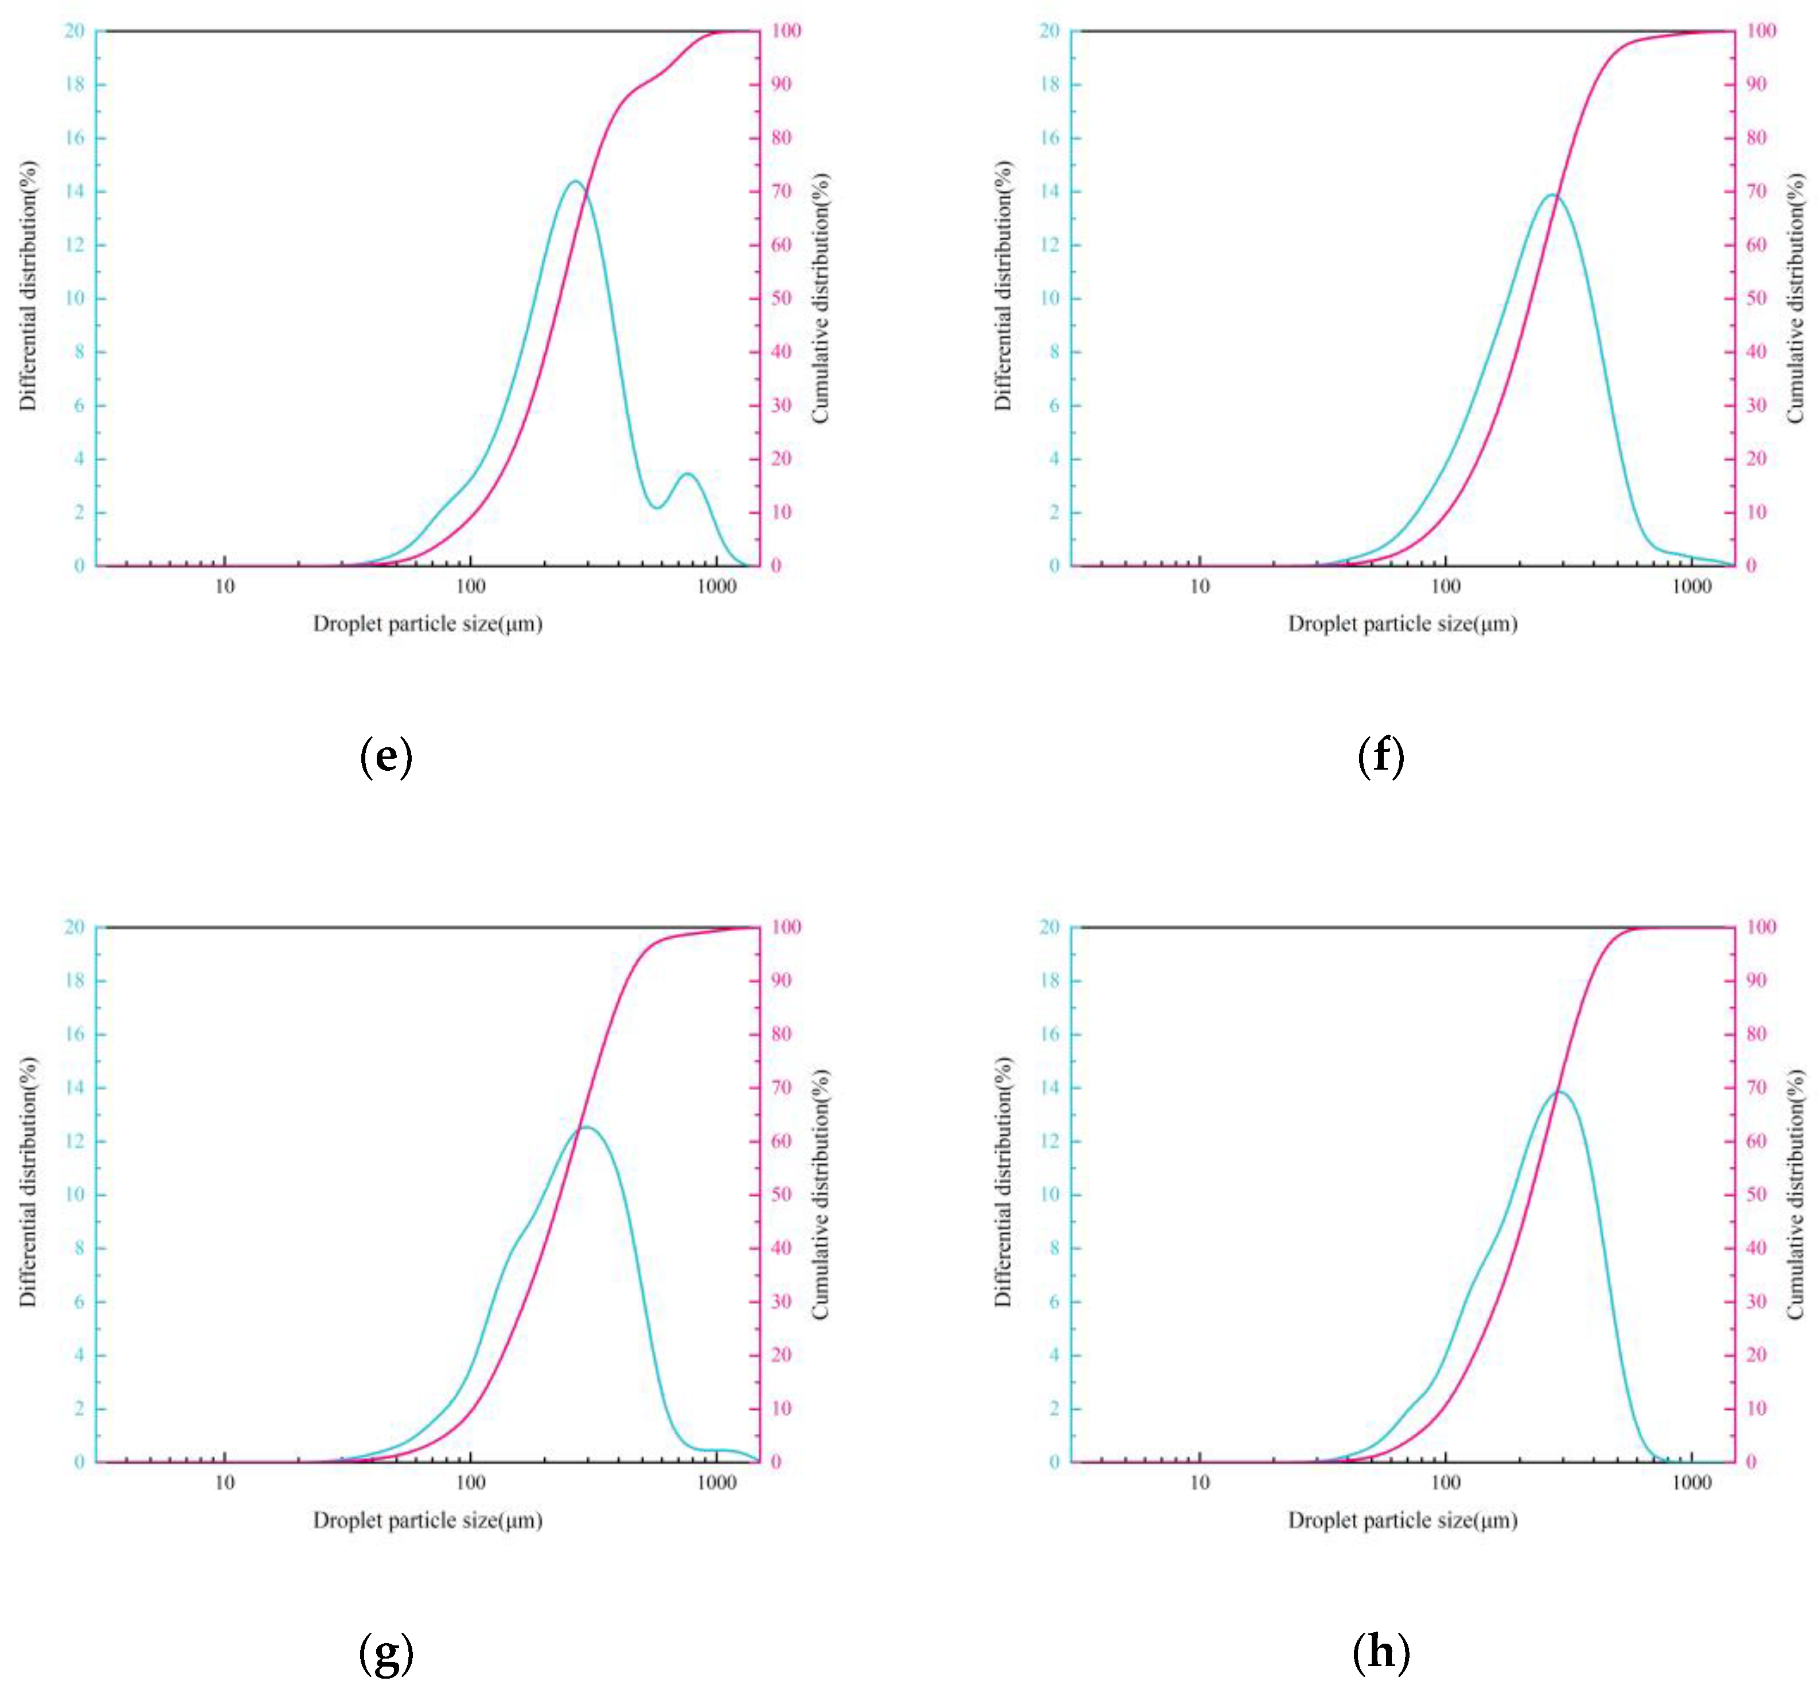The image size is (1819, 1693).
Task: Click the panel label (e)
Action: pos(386,758)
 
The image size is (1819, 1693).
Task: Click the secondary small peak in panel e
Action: pos(688,474)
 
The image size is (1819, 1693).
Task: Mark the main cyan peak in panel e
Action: pos(575,181)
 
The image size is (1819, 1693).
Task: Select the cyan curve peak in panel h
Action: pos(1558,1092)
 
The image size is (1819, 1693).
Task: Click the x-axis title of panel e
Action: pos(427,624)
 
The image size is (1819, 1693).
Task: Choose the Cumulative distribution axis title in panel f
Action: pos(1795,298)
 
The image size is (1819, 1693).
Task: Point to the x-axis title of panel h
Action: pos(1403,1520)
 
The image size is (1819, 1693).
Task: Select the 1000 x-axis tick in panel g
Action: pos(716,1483)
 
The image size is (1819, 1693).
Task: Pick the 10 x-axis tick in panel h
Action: pos(1200,1483)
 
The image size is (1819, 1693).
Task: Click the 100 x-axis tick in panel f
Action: pos(1446,587)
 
